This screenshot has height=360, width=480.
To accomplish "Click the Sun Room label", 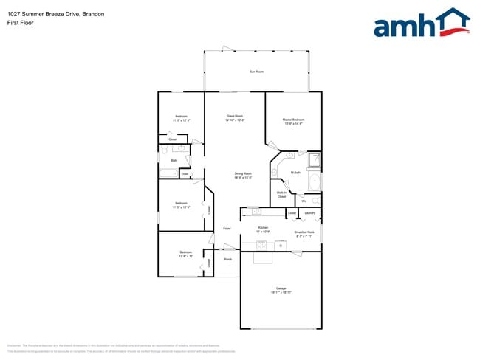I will click(x=256, y=72).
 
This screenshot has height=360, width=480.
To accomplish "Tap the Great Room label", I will click(x=235, y=117).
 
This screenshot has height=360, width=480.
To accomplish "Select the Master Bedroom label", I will click(x=293, y=120).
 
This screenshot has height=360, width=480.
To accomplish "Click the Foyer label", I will click(x=227, y=229).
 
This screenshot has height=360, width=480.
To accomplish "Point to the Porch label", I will click(x=228, y=260).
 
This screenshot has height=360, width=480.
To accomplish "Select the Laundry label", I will click(x=310, y=213).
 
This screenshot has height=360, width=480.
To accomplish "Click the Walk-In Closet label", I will click(x=281, y=195).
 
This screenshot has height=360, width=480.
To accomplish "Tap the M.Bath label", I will click(x=295, y=173).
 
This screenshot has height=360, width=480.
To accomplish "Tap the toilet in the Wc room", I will click(x=315, y=201).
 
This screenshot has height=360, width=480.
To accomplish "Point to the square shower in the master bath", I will click(x=314, y=160).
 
